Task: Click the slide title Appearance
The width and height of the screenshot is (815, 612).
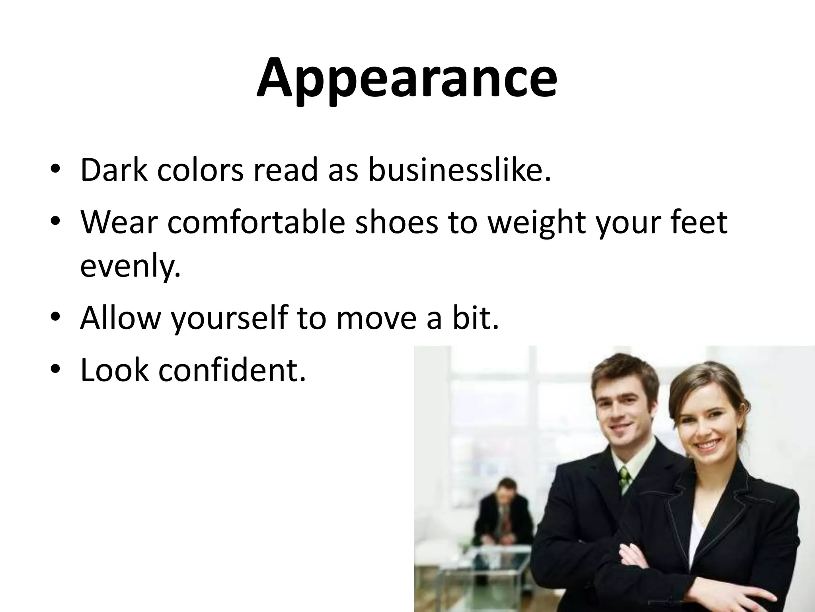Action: pyautogui.click(x=406, y=78)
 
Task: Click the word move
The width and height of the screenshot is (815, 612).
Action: pyautogui.click(x=378, y=318)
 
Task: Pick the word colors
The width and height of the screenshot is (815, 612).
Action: pyautogui.click(x=200, y=170)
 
